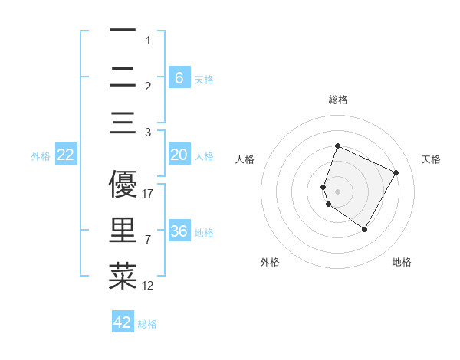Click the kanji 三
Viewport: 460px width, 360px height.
[123, 123]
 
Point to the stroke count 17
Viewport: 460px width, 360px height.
[149, 194]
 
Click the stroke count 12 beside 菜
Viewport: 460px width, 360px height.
[149, 286]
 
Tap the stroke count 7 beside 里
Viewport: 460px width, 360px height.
[149, 240]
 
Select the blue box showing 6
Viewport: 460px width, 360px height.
[179, 77]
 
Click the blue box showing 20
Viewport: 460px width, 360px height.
[179, 155]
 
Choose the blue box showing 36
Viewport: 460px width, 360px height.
[179, 231]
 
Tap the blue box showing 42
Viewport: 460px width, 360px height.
[123, 322]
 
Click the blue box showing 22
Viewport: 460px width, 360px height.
[66, 155]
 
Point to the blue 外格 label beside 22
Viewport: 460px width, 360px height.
[41, 156]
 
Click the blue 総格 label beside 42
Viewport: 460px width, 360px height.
[147, 324]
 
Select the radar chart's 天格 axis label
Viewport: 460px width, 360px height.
[431, 159]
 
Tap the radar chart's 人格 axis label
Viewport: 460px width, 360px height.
[245, 159]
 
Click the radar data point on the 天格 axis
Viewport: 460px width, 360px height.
[396, 172]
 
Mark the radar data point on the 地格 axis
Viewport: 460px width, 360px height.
[365, 229]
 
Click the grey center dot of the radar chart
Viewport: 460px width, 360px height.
[338, 191]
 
